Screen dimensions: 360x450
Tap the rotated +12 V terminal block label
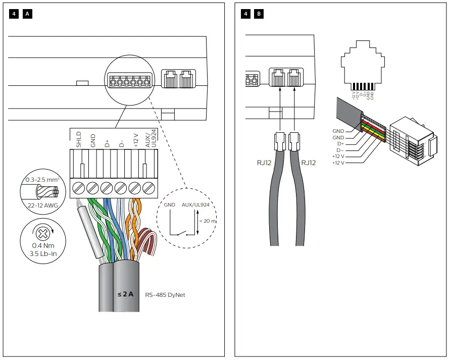(x=135, y=140)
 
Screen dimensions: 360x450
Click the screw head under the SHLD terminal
(x=78, y=188)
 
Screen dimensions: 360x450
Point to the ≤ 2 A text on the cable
(x=125, y=294)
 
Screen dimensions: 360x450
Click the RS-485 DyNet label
(x=165, y=294)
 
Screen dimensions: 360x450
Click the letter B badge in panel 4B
(x=259, y=14)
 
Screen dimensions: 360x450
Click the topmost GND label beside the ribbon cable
(x=338, y=131)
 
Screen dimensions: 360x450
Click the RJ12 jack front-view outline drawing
(x=363, y=66)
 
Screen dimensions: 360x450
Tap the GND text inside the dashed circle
(x=170, y=206)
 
